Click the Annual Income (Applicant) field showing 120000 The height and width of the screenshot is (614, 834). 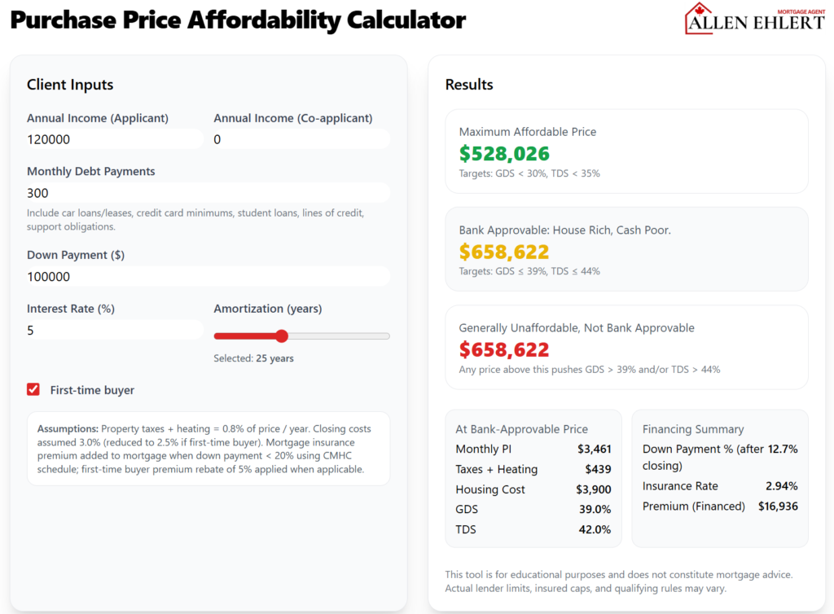point(114,139)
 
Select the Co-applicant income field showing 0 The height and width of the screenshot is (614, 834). point(301,139)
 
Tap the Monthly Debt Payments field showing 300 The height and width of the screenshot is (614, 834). point(208,193)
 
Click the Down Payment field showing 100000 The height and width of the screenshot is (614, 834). point(208,277)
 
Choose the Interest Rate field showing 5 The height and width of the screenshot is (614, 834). point(114,331)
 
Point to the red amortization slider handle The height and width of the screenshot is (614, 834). point(282,336)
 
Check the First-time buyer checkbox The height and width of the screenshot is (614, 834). point(33,390)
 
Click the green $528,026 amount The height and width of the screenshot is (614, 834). point(504,154)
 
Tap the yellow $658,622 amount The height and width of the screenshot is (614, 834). point(504,252)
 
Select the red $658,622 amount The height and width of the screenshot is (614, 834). point(504,350)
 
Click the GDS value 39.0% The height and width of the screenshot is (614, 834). point(595,509)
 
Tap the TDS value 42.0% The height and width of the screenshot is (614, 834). point(595,529)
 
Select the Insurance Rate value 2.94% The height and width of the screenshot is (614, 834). point(781,486)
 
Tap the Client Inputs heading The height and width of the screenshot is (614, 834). point(70,85)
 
